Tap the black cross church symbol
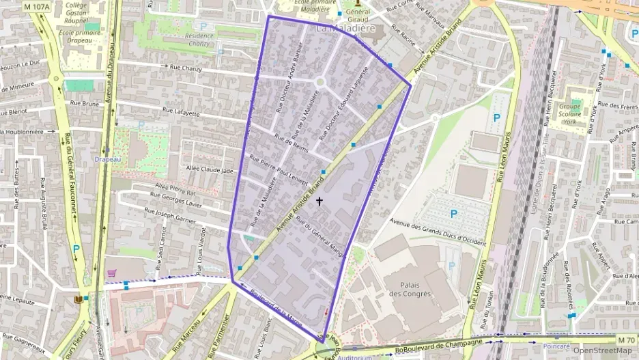(319, 202)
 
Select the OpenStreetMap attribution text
(602, 350)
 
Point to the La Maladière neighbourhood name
(346, 29)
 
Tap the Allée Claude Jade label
(210, 170)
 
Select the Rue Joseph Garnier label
(180, 218)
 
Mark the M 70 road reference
(625, 340)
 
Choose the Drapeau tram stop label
(107, 159)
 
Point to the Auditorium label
(354, 357)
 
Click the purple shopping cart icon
(111, 273)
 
